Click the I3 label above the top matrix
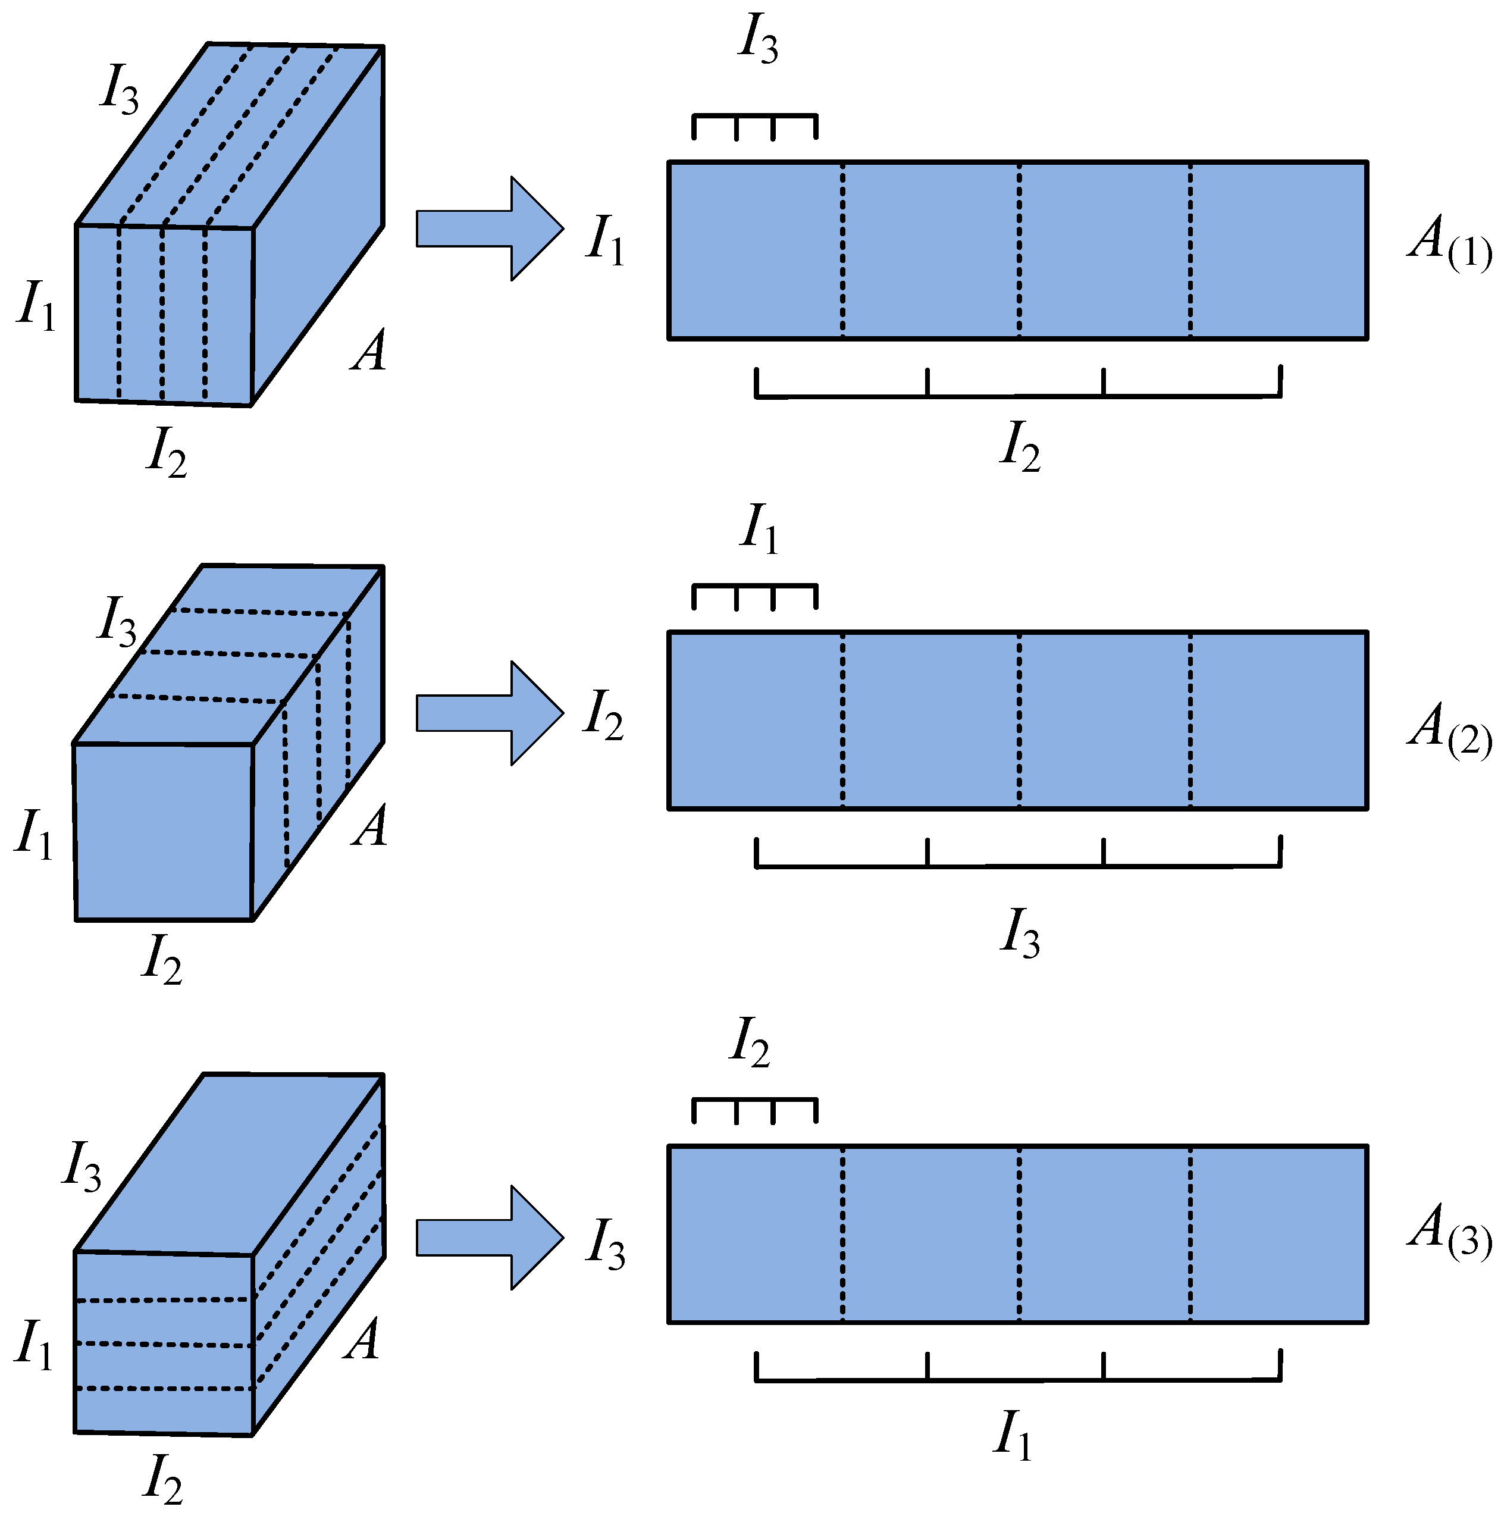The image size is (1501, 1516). point(757,39)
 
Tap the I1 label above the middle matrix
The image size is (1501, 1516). point(759,529)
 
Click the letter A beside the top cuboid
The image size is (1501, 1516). point(369,351)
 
